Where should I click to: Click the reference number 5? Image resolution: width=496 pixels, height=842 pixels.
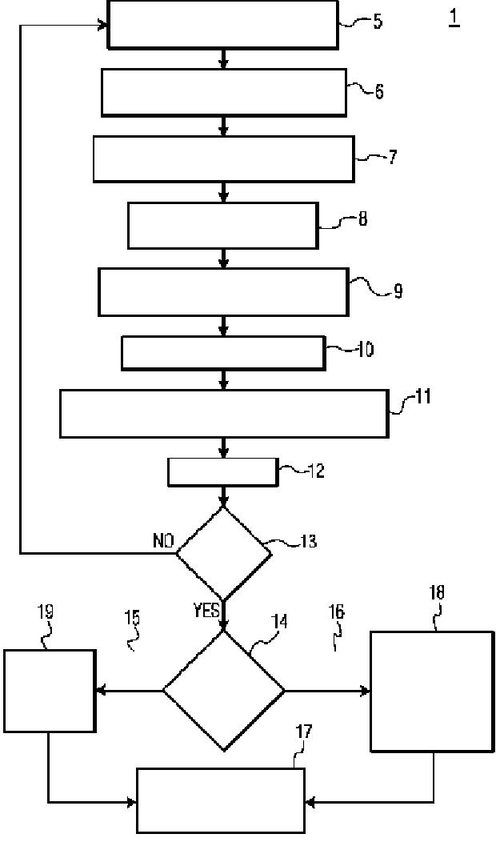pos(378,23)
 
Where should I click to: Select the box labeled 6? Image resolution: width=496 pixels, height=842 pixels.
pos(224,92)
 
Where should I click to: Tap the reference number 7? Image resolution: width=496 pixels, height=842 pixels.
pos(393,158)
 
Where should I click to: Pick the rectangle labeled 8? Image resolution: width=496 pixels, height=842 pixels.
pos(222,226)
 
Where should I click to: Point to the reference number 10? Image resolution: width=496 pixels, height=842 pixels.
pos(366,350)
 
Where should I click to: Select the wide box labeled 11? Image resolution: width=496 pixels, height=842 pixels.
pos(224,414)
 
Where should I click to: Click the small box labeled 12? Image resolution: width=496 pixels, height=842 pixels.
pos(224,472)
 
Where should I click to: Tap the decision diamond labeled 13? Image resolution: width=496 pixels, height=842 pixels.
pos(224,553)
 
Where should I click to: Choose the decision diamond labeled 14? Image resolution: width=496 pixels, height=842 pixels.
pos(224,690)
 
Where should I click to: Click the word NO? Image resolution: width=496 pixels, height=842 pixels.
pos(163,541)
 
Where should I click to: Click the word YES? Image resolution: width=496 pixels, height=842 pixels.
pos(206,611)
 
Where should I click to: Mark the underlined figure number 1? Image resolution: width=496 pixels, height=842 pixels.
pos(454,18)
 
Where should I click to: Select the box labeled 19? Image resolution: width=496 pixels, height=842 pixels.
pos(50,691)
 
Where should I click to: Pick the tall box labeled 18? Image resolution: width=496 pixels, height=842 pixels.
pos(432,692)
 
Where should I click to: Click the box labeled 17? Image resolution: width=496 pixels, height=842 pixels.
pos(221,800)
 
